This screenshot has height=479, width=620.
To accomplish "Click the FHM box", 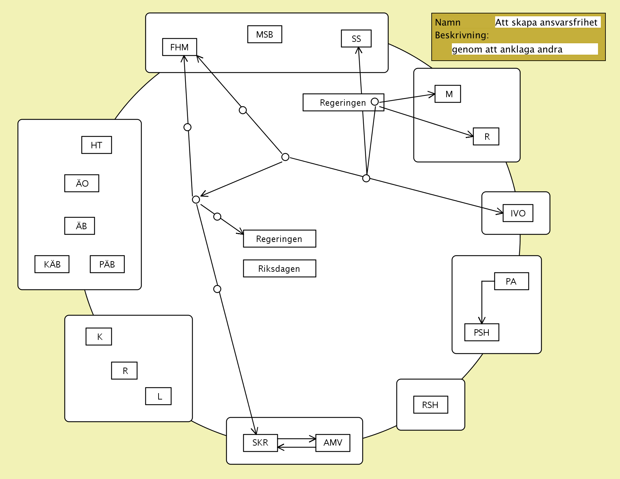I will click(179, 47).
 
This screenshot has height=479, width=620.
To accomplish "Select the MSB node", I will click(265, 34).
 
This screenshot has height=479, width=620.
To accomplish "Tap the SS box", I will click(356, 39).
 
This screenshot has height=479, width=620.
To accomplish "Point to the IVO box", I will click(518, 213).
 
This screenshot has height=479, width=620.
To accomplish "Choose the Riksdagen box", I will click(279, 269).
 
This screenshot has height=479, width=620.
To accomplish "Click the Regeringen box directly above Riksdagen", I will click(279, 239).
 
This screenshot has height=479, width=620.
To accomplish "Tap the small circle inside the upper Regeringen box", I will click(375, 102).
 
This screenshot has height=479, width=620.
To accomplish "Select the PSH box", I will click(482, 332).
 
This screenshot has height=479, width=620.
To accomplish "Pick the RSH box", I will click(431, 405).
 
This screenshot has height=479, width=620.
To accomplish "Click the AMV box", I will click(333, 443).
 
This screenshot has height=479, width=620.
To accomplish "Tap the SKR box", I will click(260, 443).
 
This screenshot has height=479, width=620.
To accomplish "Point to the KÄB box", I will click(52, 264).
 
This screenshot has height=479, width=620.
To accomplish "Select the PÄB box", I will click(107, 264).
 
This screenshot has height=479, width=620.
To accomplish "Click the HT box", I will click(96, 145).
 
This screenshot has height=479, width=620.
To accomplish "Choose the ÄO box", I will click(82, 183).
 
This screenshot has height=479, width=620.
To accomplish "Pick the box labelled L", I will click(158, 396).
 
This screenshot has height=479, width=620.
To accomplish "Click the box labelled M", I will click(448, 94).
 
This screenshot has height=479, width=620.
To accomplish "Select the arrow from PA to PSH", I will click(482, 302).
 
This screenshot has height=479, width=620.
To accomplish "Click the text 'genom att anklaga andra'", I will click(507, 49).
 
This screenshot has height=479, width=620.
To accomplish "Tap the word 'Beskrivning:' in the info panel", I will click(462, 35).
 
